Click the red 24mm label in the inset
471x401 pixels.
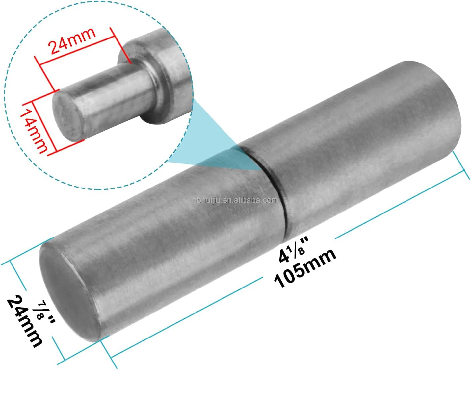point(72,41)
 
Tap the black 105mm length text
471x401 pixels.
point(305,268)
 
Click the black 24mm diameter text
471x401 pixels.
point(24,321)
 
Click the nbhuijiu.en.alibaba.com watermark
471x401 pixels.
point(236,200)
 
